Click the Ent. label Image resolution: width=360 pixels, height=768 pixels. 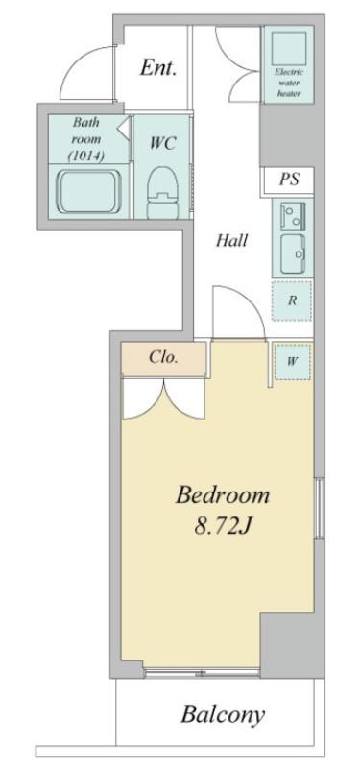(x=157, y=67)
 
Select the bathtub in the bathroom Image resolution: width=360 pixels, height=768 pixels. (x=88, y=191)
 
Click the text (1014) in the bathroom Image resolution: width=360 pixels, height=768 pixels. (x=87, y=156)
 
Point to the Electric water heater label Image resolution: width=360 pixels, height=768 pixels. (x=289, y=83)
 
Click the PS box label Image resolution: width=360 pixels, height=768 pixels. (x=289, y=180)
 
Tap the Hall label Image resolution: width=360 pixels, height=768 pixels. (x=231, y=241)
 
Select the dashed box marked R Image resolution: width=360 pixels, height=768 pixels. (x=292, y=300)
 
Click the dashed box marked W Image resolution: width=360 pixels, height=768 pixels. (x=293, y=362)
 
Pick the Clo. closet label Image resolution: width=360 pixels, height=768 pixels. (x=163, y=357)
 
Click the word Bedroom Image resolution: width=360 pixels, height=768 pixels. (x=223, y=495)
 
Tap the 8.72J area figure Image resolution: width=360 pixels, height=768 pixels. (x=223, y=526)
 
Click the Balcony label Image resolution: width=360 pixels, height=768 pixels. (x=223, y=714)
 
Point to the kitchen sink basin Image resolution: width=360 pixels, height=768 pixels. (x=293, y=253)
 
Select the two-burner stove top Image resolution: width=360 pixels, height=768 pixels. (x=293, y=215)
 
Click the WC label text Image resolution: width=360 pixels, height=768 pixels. (x=161, y=143)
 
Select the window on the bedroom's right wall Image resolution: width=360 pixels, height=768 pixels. (x=320, y=507)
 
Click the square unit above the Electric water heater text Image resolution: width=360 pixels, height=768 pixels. (x=289, y=46)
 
